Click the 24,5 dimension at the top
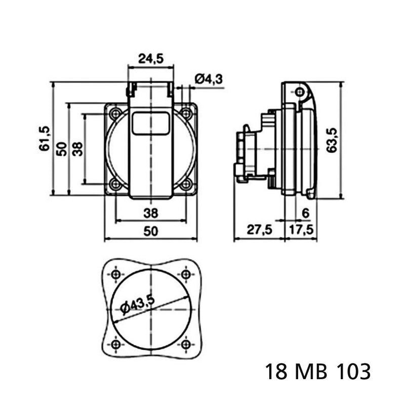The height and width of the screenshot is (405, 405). pyautogui.click(x=151, y=59)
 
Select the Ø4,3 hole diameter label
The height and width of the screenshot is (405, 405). pyautogui.click(x=209, y=78)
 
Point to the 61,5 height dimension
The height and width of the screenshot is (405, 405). pyautogui.click(x=44, y=138)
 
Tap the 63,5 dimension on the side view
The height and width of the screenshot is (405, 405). pyautogui.click(x=332, y=140)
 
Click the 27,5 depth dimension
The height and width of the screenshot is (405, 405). pyautogui.click(x=260, y=229)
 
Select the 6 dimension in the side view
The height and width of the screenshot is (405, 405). pyautogui.click(x=305, y=213)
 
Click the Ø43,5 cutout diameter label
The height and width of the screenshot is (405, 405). pyautogui.click(x=138, y=305)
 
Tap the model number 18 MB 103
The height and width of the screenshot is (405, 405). pyautogui.click(x=318, y=372)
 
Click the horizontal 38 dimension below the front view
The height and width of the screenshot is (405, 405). pyautogui.click(x=150, y=213)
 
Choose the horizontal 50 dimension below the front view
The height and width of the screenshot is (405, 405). pyautogui.click(x=150, y=231)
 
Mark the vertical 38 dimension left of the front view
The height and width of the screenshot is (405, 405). pyautogui.click(x=77, y=149)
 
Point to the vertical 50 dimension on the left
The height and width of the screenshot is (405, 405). pyautogui.click(x=62, y=149)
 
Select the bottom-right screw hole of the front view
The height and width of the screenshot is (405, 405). pyautogui.click(x=186, y=184)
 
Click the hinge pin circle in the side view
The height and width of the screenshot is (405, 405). pyautogui.click(x=300, y=92)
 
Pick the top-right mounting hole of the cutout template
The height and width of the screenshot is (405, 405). pyautogui.click(x=186, y=274)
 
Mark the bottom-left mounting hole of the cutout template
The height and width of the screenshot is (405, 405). pyautogui.click(x=115, y=344)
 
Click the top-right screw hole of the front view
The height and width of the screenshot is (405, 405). pyautogui.click(x=186, y=113)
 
